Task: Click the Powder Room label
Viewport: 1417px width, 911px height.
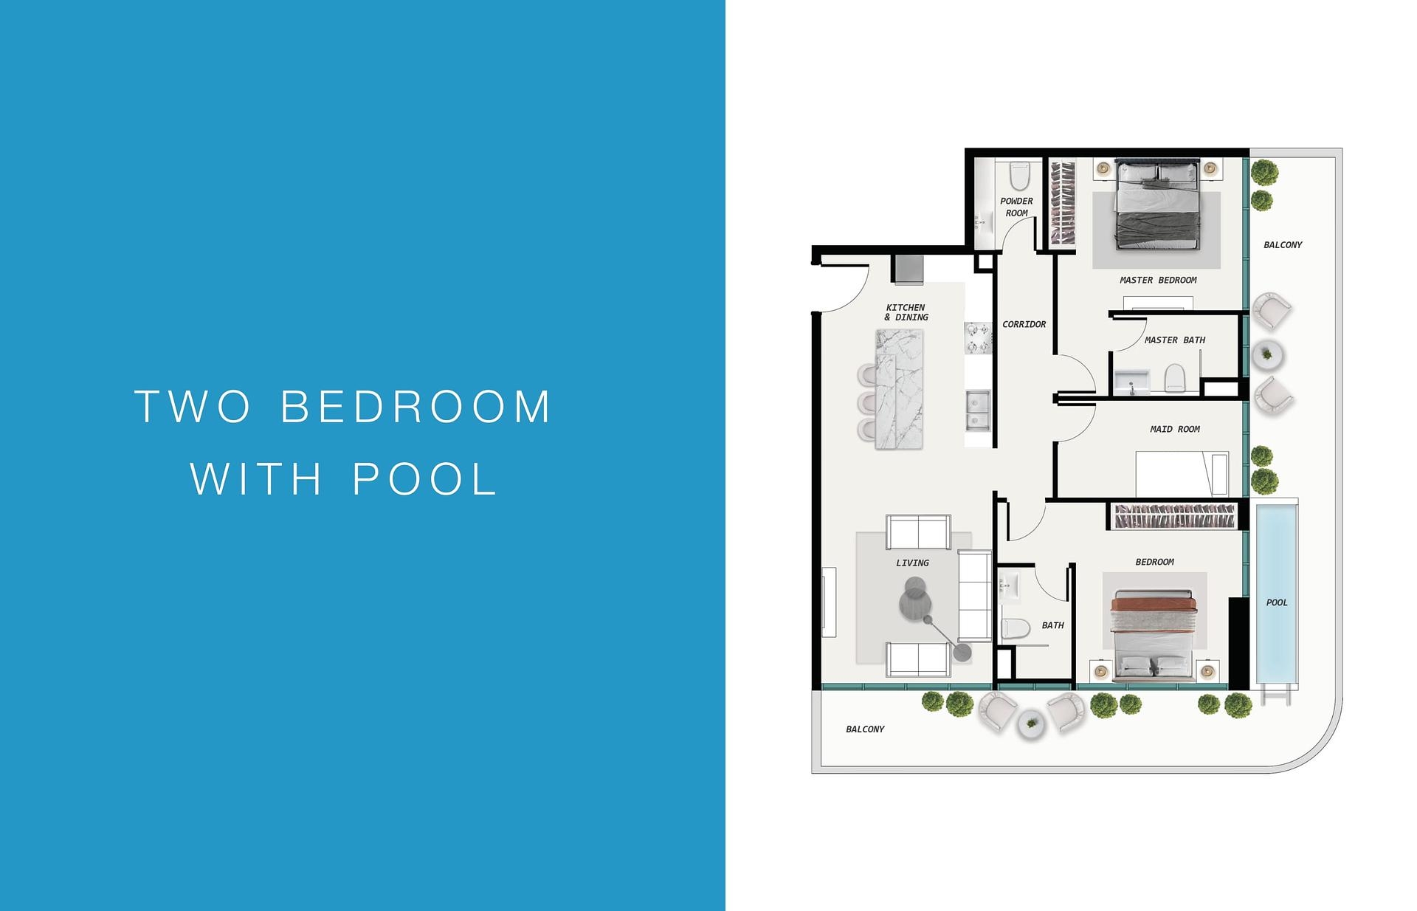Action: [1016, 207]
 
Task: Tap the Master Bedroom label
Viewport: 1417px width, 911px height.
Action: [1158, 281]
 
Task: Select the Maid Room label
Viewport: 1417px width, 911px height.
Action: [1175, 429]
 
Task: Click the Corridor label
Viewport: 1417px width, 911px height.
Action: [1024, 324]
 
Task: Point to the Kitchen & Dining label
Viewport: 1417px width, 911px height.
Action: [906, 312]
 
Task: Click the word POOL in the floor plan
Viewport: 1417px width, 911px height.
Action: [1277, 602]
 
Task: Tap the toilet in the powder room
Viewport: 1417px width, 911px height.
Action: [1019, 176]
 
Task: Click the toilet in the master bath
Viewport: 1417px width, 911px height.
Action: [1174, 379]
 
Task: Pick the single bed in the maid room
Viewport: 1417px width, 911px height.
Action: [1181, 473]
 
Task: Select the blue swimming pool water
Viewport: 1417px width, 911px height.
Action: [1277, 561]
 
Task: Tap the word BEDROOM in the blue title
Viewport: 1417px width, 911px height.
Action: [416, 407]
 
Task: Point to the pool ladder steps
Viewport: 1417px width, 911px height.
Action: [1277, 695]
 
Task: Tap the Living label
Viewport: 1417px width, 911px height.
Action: [912, 563]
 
